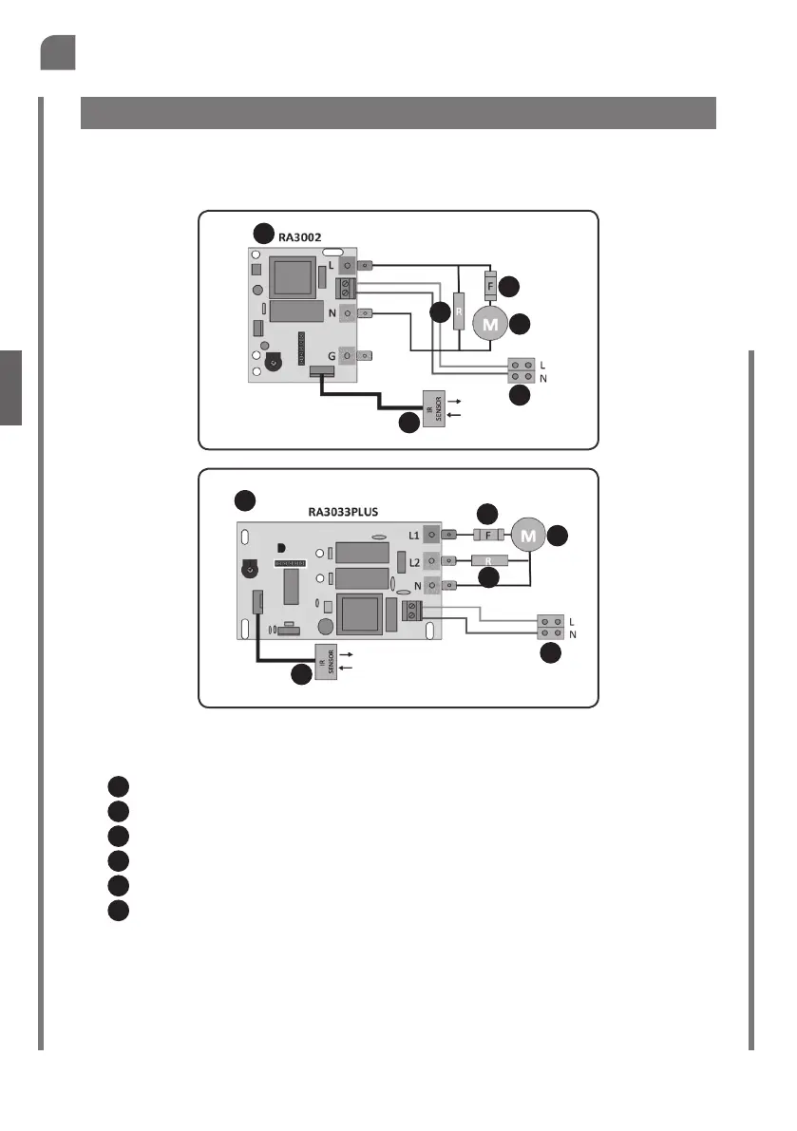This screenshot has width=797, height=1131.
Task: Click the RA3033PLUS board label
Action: [x=344, y=511]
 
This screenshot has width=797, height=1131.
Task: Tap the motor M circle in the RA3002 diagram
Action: [x=490, y=324]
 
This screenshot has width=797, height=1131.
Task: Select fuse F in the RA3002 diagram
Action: [x=490, y=285]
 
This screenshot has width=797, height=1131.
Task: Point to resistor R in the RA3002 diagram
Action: [x=460, y=311]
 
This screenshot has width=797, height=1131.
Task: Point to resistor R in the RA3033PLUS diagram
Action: [x=489, y=561]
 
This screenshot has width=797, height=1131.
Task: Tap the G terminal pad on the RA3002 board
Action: [x=349, y=356]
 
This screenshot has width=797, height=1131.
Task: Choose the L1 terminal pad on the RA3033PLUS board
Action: [x=431, y=536]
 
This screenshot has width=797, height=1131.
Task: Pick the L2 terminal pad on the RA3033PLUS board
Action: [x=431, y=561]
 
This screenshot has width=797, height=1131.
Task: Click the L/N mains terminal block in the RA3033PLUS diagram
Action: [x=552, y=626]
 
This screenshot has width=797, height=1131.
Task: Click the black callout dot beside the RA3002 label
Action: [x=262, y=233]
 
